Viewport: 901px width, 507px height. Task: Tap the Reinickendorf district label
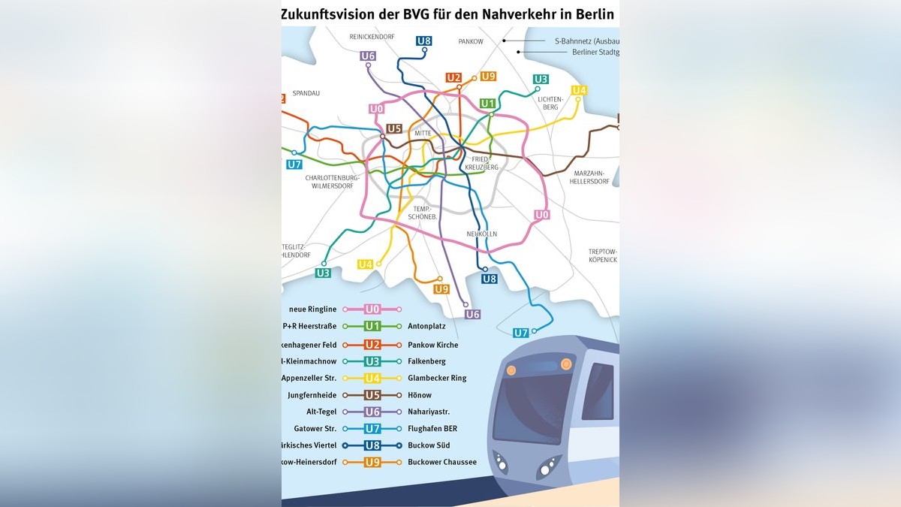(372, 36)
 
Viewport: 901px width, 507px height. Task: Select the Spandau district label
(306, 93)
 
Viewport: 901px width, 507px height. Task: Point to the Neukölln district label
(481, 234)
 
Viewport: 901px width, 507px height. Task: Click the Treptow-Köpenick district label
(602, 255)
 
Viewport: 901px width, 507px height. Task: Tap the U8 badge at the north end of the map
(423, 41)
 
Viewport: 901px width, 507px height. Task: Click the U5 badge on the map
(394, 128)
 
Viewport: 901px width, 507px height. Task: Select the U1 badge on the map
(488, 103)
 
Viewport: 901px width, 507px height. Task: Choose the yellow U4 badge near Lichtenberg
(578, 90)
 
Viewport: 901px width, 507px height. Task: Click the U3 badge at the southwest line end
(323, 273)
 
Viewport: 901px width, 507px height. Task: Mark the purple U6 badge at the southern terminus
(472, 314)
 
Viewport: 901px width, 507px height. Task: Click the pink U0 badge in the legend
(372, 309)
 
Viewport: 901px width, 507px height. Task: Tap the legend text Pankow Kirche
(432, 345)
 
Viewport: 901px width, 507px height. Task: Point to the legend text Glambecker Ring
(437, 379)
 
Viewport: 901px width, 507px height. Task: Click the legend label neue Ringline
(312, 309)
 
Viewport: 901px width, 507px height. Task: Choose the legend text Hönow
(420, 395)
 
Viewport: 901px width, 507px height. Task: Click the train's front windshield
(532, 406)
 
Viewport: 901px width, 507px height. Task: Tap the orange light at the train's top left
(511, 370)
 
